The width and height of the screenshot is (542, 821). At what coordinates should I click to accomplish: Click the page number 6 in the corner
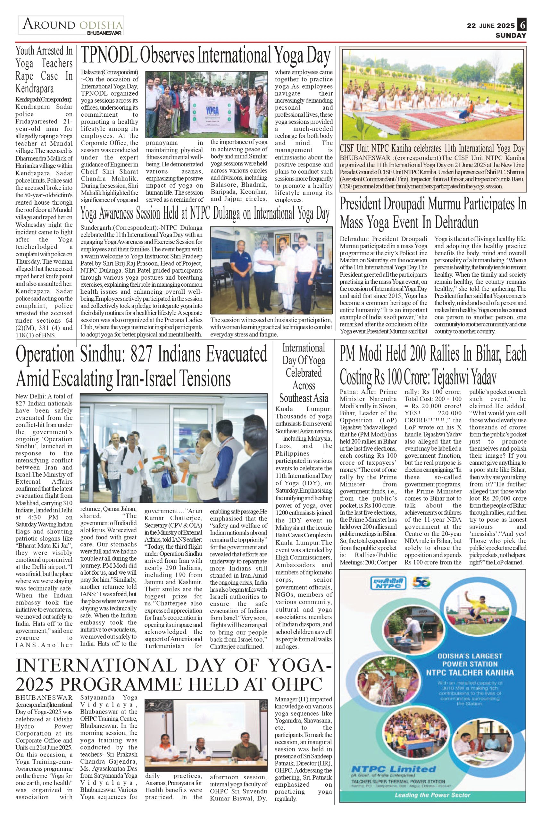pyautogui.click(x=522, y=25)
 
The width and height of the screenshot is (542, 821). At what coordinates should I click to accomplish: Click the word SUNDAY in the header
pyautogui.click(x=511, y=35)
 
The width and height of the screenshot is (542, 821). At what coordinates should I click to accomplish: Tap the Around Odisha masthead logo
pyautogui.click(x=71, y=26)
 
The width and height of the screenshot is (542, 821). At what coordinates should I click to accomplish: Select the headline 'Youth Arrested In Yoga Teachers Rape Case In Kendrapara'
pyautogui.click(x=44, y=70)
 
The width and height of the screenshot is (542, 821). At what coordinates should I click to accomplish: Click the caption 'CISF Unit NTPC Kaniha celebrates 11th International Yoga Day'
pyautogui.click(x=432, y=149)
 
